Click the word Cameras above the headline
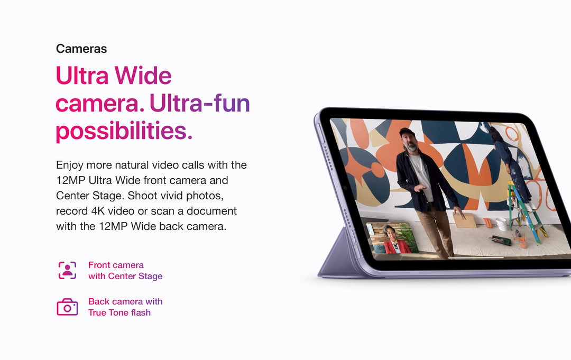coord(81,49)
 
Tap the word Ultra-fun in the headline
coord(199,104)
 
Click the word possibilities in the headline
coord(121,132)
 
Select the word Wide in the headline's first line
coord(143,76)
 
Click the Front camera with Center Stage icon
coord(67,271)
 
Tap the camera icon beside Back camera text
coord(67,307)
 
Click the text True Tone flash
coord(119,312)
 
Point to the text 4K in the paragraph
coord(98,211)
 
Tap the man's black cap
coord(407,132)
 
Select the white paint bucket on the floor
coord(501,224)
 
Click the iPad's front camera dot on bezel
coord(345,188)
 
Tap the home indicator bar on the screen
coord(476,258)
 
